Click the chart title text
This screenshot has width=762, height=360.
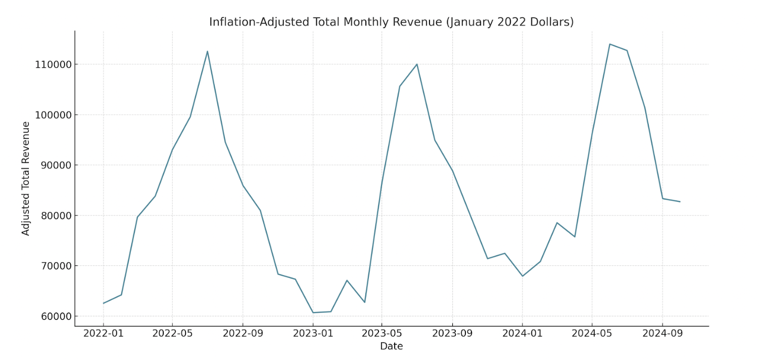391,22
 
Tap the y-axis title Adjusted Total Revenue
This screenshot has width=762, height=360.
26,178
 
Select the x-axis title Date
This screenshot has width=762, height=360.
391,346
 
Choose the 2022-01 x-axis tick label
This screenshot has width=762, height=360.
104,334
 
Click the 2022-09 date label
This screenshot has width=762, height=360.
243,334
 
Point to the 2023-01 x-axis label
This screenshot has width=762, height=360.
313,334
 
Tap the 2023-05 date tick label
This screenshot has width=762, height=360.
382,334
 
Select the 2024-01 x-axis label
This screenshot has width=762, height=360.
522,334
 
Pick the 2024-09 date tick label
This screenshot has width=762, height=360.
662,334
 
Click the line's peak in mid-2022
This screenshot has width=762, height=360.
207,51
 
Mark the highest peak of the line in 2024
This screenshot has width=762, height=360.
609,44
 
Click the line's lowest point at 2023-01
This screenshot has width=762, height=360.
313,312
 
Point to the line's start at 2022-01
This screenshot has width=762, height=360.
104,303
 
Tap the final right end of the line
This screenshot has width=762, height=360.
680,202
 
